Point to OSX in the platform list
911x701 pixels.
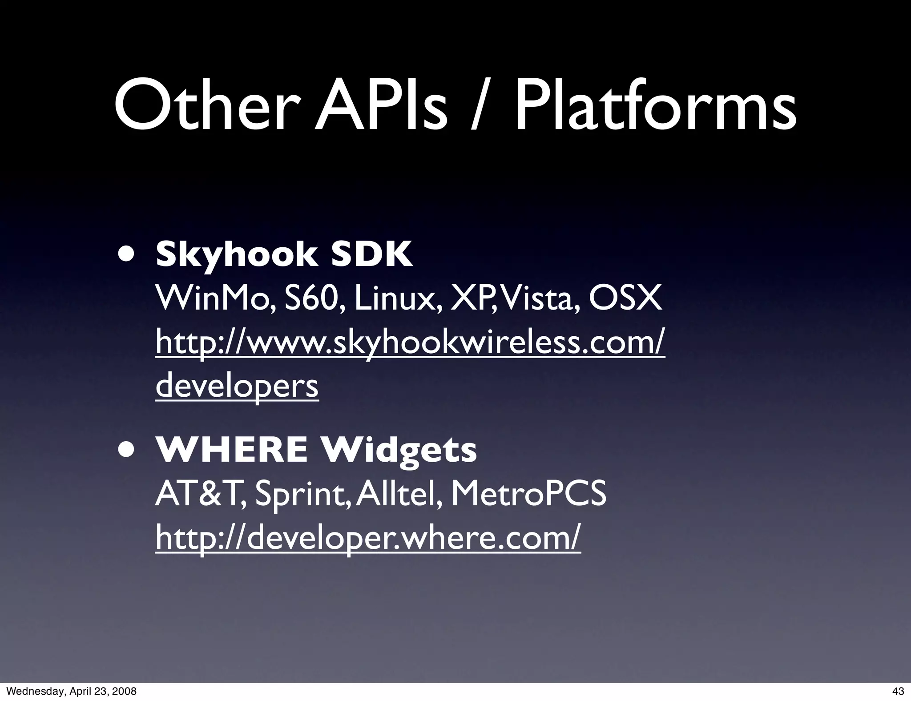(x=625, y=299)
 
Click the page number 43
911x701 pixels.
(x=898, y=691)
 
